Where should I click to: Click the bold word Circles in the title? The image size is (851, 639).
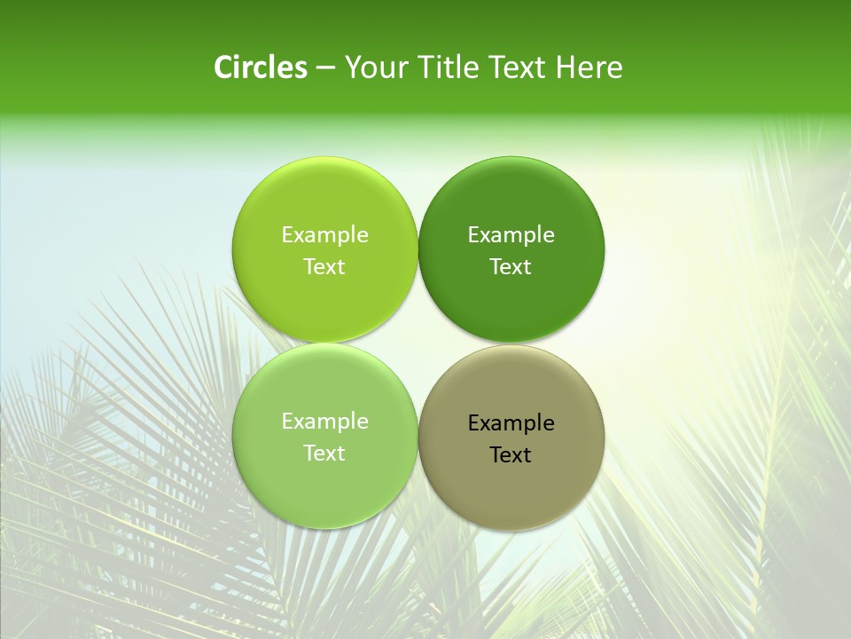tap(260, 67)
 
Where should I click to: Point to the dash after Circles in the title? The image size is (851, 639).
tap(324, 68)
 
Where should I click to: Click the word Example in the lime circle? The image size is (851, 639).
tap(324, 234)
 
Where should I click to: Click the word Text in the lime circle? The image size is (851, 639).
tap(324, 266)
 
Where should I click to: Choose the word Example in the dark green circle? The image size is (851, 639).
tap(511, 234)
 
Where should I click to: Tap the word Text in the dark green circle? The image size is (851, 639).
tap(511, 266)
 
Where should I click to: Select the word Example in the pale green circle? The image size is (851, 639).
tap(324, 421)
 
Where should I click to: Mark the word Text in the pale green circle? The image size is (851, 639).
tap(324, 453)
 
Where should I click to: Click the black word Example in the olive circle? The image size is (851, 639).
tap(511, 422)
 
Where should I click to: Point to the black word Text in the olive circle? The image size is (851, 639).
tap(511, 454)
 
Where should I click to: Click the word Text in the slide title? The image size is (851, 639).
tap(518, 67)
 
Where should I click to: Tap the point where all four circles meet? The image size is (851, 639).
tap(418, 343)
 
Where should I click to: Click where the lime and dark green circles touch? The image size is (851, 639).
tap(418, 249)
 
